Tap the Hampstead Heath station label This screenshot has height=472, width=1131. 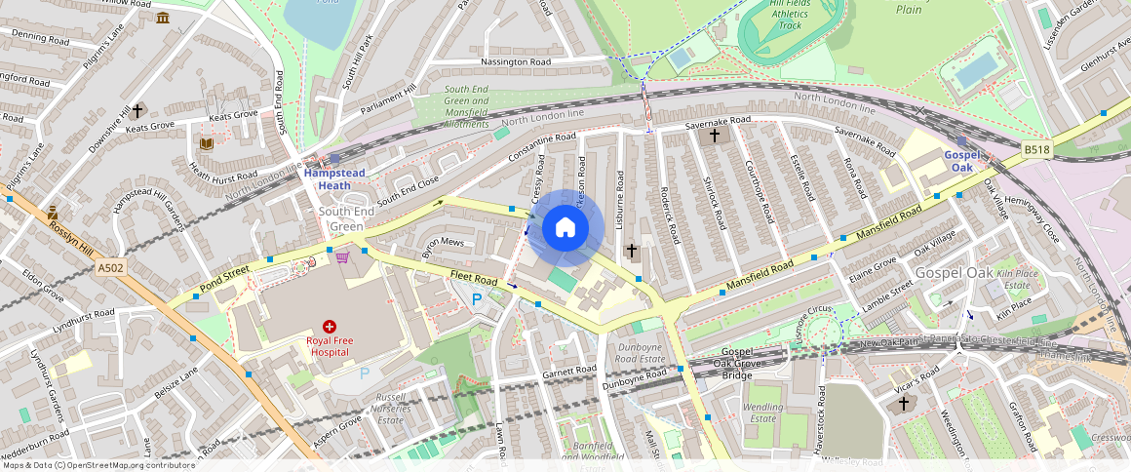(333, 179)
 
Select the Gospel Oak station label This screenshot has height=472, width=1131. (961, 161)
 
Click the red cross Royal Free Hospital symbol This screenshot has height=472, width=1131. (330, 326)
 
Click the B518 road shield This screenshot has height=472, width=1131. (1037, 149)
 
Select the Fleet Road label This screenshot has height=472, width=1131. (474, 277)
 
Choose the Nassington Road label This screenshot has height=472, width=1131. (516, 61)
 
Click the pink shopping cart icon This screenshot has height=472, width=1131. (342, 257)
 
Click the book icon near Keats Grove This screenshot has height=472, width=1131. (206, 143)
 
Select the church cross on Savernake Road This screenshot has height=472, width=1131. (715, 136)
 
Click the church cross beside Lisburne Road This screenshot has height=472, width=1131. (631, 251)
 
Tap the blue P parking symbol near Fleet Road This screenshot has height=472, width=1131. (477, 299)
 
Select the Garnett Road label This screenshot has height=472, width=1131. (569, 371)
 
